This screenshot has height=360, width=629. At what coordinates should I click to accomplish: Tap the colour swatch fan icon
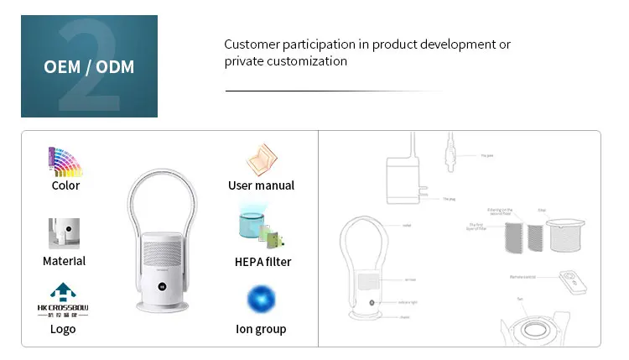point(65,161)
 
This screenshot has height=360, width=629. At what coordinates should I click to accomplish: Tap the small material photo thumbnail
point(64,233)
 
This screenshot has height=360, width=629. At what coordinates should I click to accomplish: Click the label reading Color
point(65,185)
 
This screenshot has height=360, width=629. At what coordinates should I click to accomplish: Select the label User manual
point(261,185)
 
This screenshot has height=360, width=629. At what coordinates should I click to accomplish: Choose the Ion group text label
point(261,329)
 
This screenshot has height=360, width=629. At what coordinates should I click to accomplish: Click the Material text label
point(64,261)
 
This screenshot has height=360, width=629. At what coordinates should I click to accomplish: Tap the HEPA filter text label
point(261,261)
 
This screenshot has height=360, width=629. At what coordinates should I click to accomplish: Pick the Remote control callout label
point(522,275)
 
